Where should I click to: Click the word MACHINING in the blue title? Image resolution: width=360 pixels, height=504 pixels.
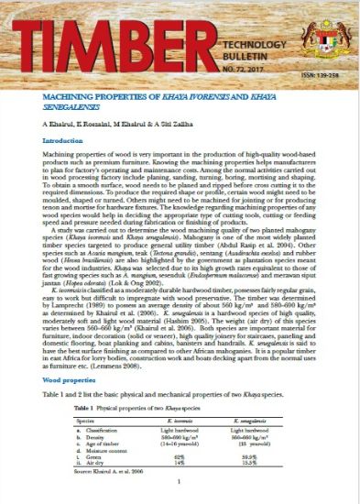point(76,93)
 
